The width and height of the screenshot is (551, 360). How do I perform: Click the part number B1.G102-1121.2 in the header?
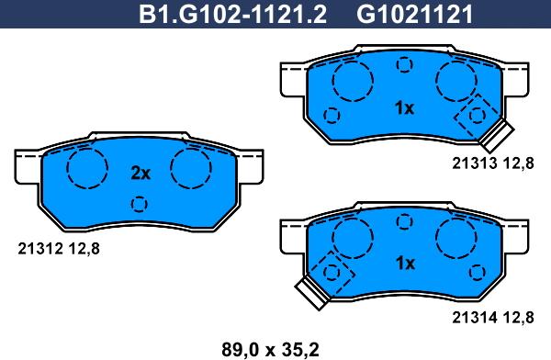pyautogui.click(x=232, y=14)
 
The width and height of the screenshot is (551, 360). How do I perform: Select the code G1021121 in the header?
pyautogui.click(x=415, y=14)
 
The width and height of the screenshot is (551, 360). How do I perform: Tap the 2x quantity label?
pyautogui.click(x=141, y=173)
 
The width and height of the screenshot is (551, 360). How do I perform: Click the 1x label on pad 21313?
pyautogui.click(x=405, y=108)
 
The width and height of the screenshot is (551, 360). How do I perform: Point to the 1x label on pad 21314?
pyautogui.click(x=405, y=263)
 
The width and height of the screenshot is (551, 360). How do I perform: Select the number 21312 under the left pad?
pyautogui.click(x=40, y=249)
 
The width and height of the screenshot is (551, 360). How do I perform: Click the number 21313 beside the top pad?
pyautogui.click(x=475, y=163)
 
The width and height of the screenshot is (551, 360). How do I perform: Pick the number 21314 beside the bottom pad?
pyautogui.click(x=475, y=318)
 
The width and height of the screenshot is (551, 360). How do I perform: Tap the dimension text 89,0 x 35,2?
pyautogui.click(x=270, y=350)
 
